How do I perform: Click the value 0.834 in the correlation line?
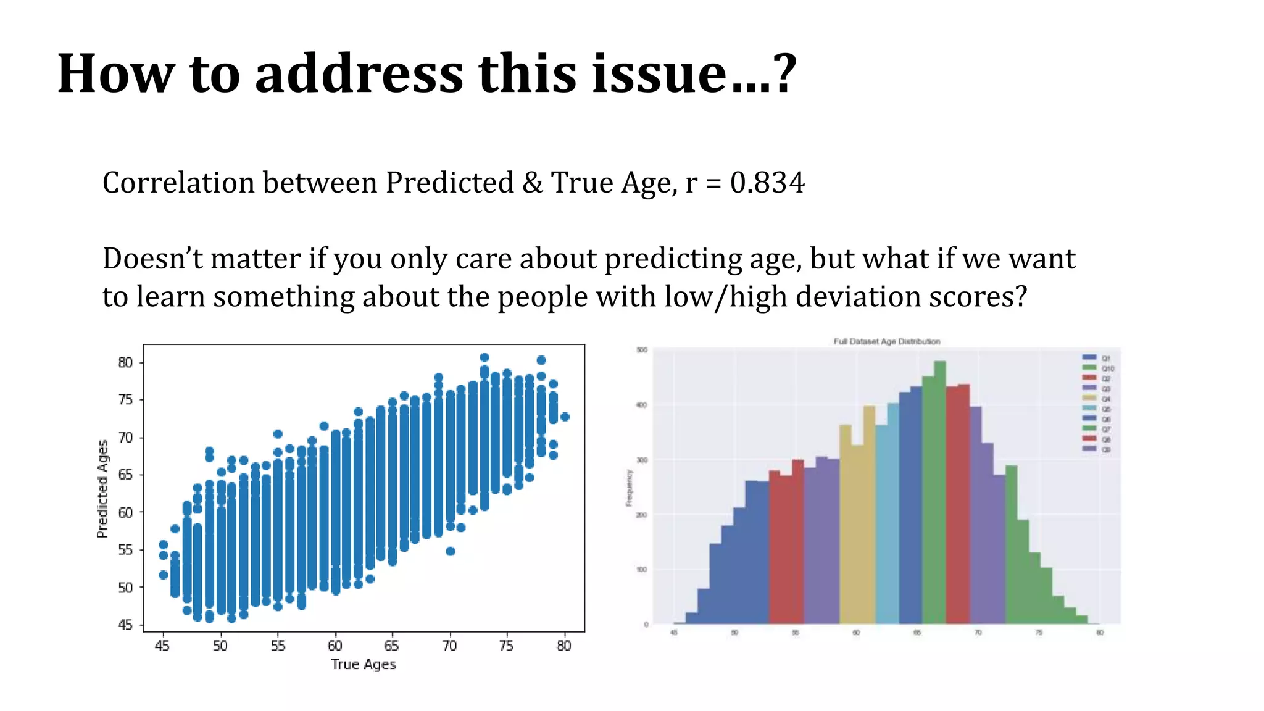tap(767, 183)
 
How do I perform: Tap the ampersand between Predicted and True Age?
tap(532, 183)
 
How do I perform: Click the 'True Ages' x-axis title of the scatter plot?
tap(363, 664)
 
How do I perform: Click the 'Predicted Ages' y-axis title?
tap(102, 488)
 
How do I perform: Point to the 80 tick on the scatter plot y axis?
tap(125, 363)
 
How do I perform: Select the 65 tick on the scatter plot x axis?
tap(391, 646)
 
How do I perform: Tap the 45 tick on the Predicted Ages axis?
tap(125, 625)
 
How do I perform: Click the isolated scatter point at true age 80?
tap(564, 417)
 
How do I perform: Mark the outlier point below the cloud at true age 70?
tap(451, 551)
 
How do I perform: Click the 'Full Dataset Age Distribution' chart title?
tap(887, 341)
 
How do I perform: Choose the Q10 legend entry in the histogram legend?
tap(1099, 368)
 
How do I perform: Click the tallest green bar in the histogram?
tap(940, 494)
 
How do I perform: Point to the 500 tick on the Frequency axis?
tap(642, 351)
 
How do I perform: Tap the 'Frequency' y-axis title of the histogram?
tap(630, 488)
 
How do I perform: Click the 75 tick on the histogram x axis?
tap(1039, 633)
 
